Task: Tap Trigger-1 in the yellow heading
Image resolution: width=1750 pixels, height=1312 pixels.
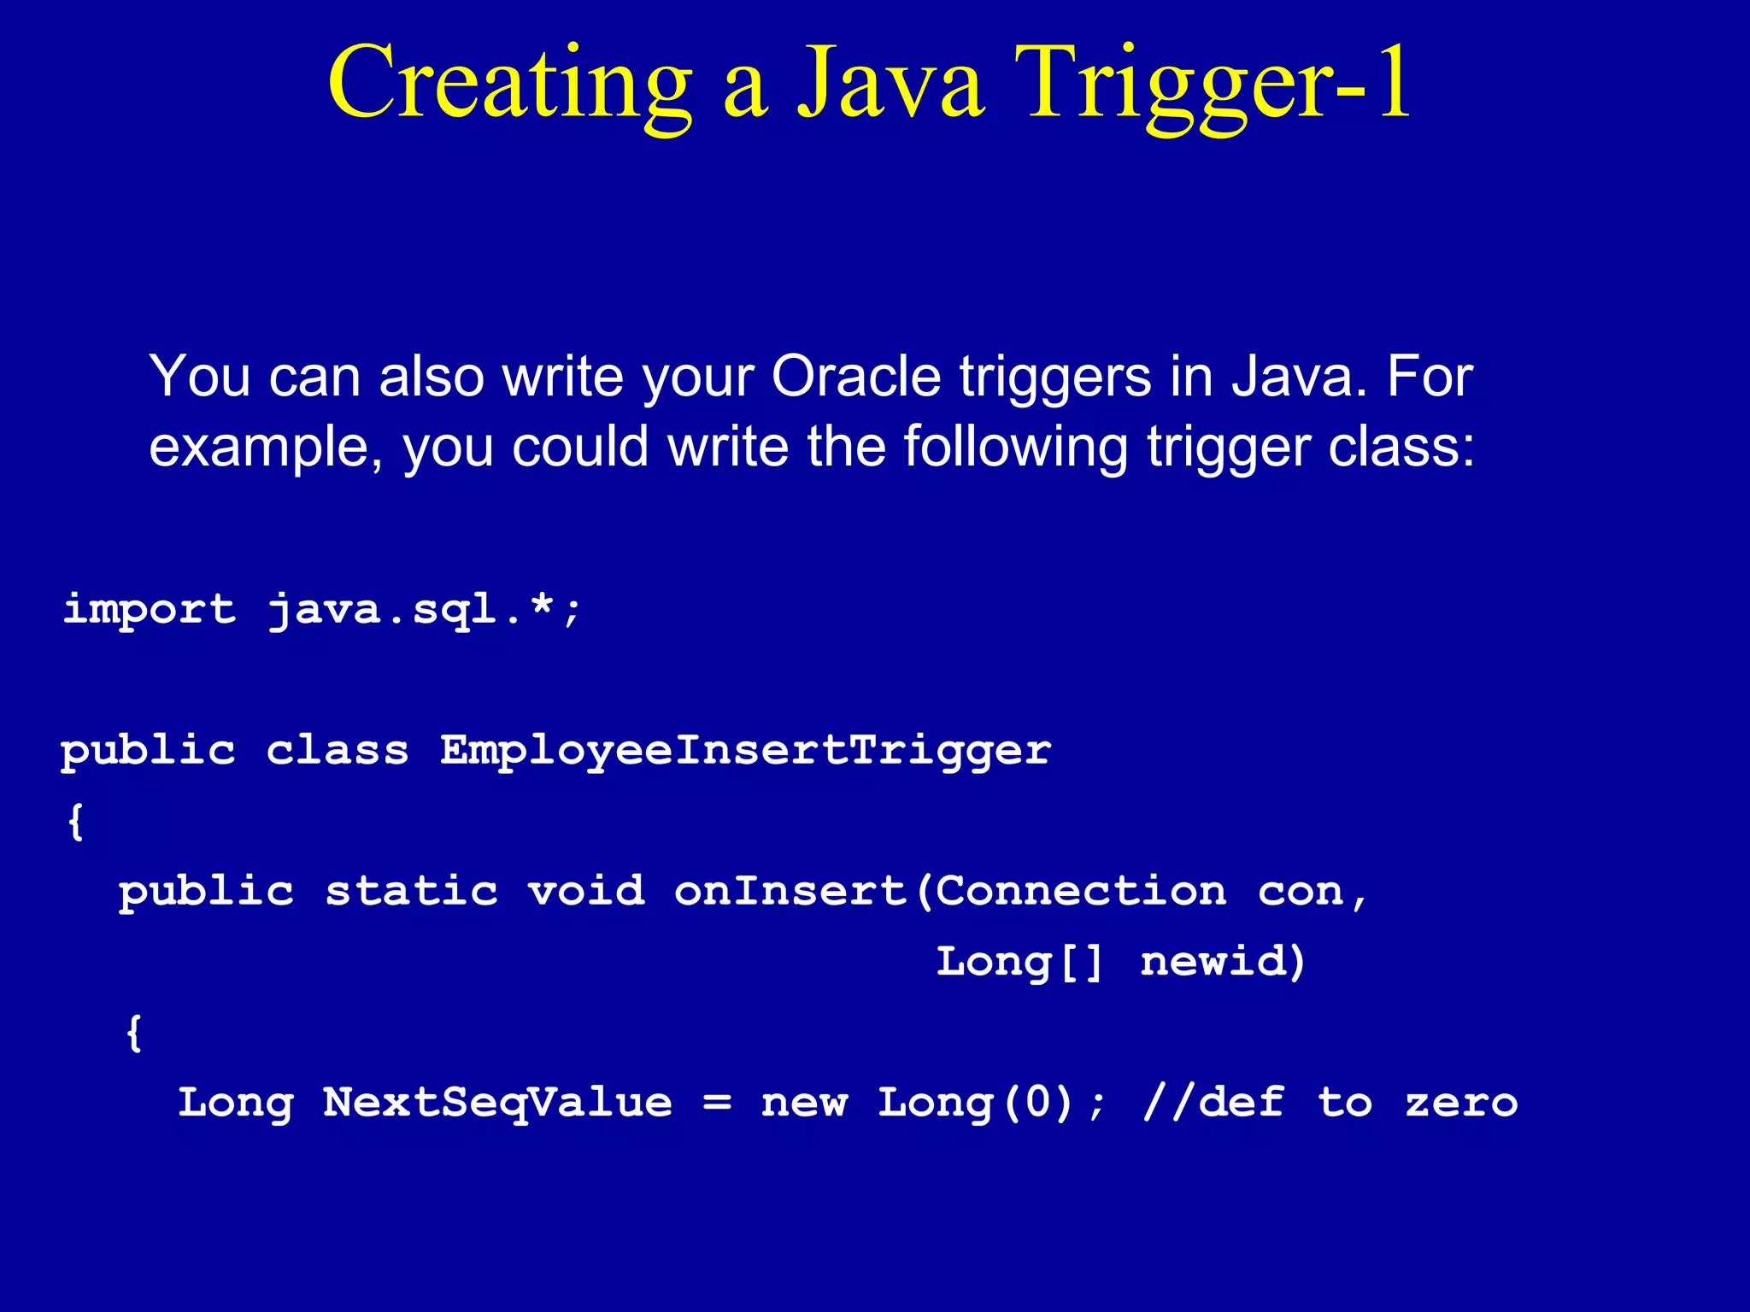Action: (1213, 85)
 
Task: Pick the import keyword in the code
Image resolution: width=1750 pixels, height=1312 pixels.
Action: (150, 610)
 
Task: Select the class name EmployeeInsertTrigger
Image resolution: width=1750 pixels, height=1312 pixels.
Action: (745, 751)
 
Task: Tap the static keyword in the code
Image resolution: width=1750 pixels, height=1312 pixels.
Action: (412, 892)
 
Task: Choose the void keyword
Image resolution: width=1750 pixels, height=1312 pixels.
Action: (586, 892)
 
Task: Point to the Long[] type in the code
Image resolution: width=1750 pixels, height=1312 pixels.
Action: (1019, 963)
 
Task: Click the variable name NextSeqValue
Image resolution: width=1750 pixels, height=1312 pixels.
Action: (498, 1103)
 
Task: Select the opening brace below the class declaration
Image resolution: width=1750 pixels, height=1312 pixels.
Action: (76, 822)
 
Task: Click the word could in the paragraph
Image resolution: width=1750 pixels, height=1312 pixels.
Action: (580, 448)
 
